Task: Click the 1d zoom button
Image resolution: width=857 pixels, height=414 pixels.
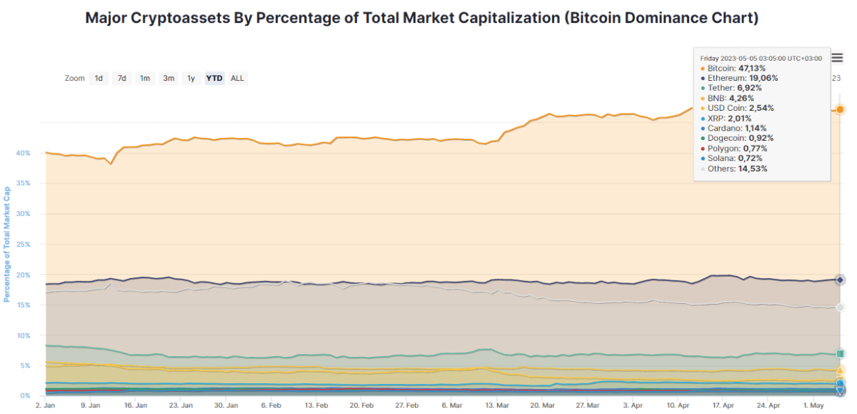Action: (99, 79)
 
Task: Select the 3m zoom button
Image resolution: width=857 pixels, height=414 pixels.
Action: (169, 79)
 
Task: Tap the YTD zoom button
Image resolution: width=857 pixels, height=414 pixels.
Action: (214, 79)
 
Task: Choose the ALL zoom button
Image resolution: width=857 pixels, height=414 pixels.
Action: (238, 79)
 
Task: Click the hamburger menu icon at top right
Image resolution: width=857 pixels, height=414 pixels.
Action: (838, 58)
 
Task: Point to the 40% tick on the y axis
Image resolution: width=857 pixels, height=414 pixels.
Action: (24, 153)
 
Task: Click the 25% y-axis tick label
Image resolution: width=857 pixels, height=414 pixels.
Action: (24, 245)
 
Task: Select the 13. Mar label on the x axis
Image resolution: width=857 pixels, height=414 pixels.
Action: (498, 405)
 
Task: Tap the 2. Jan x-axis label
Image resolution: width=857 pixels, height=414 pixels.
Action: (46, 405)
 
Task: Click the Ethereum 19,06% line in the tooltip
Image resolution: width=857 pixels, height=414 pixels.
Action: (743, 78)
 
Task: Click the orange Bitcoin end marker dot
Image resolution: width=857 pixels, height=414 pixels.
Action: (841, 109)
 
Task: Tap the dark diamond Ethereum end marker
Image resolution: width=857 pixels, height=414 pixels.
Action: (841, 280)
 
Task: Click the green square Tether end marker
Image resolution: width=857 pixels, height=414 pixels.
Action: (841, 353)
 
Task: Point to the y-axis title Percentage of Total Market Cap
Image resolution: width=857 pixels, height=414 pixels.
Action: (7, 245)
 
